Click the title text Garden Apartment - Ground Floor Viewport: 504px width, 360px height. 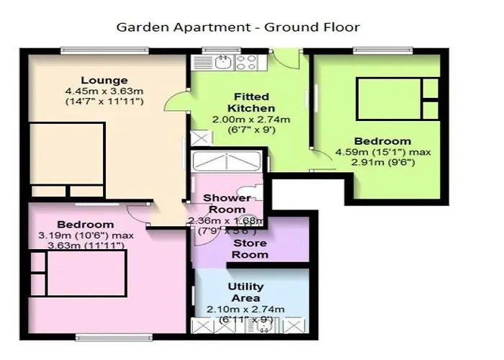(238, 27)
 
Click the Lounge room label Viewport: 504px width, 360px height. (104, 80)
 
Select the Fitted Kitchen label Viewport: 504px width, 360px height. (252, 102)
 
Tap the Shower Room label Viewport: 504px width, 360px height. (227, 203)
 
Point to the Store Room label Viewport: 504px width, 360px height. (250, 249)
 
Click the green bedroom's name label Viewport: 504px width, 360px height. (383, 141)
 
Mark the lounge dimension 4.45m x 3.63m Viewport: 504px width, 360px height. (104, 91)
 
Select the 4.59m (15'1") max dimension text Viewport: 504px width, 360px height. (383, 152)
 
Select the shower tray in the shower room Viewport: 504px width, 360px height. (225, 161)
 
